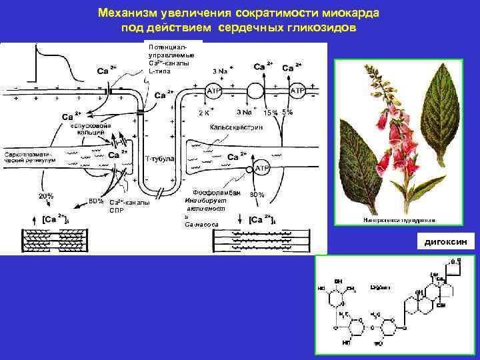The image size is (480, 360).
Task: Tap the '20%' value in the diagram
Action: [46, 196]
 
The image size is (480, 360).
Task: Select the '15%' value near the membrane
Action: [270, 113]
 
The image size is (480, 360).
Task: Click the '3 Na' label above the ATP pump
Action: [221, 71]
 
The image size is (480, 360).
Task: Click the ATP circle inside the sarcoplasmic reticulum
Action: [262, 169]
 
